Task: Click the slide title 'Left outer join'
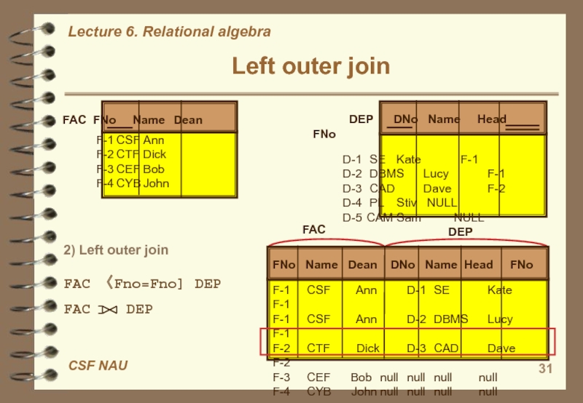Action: pos(311,67)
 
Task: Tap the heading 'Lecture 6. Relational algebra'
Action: pos(169,32)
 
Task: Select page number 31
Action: pos(545,370)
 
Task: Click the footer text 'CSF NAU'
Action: pos(98,365)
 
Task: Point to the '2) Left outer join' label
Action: pos(116,250)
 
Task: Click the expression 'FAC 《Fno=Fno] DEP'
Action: pos(142,284)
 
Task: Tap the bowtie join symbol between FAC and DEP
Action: pos(108,310)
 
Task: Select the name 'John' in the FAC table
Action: pos(156,183)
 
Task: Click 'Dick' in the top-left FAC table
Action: pos(154,154)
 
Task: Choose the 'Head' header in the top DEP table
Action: pos(492,119)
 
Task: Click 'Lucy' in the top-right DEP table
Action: pos(436,174)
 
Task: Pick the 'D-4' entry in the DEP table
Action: pos(352,203)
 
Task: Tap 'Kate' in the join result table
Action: pos(500,290)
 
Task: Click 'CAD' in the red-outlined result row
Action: pos(447,348)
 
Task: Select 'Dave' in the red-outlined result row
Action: pos(501,348)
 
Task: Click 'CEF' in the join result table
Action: pos(318,378)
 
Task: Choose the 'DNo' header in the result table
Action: pos(403,265)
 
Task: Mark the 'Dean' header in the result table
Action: pos(362,265)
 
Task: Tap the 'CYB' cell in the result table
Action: pos(318,391)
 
